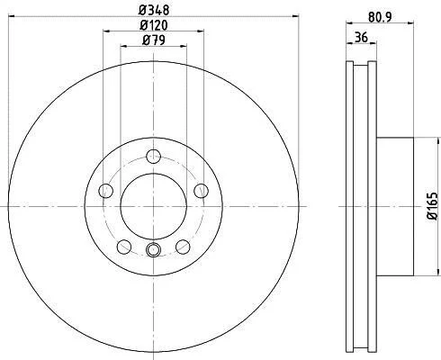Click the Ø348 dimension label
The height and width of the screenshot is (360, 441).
(154, 10)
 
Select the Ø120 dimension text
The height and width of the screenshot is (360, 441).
(154, 25)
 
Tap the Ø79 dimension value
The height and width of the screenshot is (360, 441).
(154, 40)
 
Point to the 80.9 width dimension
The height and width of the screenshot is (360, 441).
(380, 17)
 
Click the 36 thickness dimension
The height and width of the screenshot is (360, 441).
(361, 38)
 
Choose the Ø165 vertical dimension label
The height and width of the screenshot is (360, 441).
(433, 206)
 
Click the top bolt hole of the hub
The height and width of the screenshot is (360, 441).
(154, 157)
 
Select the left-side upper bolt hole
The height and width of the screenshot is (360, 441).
(106, 191)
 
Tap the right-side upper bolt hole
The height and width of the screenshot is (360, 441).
(201, 191)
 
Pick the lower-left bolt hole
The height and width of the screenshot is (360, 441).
(124, 247)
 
